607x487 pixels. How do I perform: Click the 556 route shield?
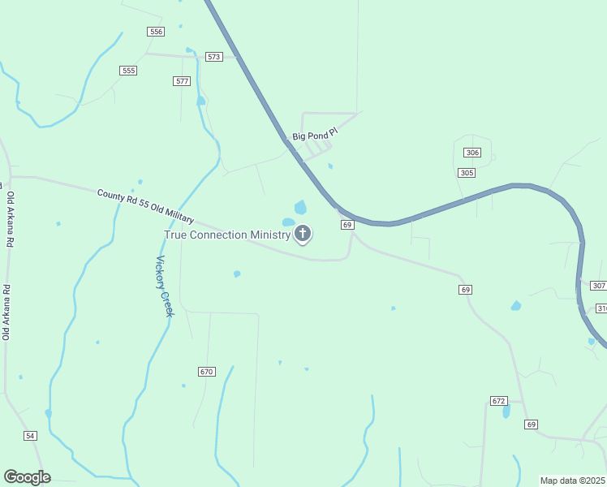tap(156, 32)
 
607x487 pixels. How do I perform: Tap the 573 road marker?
tap(214, 57)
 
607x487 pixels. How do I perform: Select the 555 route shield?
tap(128, 71)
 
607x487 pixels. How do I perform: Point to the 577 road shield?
tap(182, 81)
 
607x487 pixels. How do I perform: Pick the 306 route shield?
tap(472, 153)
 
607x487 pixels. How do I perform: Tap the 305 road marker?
tap(466, 173)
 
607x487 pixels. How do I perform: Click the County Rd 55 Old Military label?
tap(145, 206)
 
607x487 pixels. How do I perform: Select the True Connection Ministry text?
tap(227, 235)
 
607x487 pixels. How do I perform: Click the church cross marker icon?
tap(303, 235)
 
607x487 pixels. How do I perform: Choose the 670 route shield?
tap(206, 371)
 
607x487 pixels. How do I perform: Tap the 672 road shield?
tap(498, 401)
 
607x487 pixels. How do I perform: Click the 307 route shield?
tap(598, 285)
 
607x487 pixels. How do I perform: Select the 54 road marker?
tap(31, 436)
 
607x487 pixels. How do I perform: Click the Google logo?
tap(27, 477)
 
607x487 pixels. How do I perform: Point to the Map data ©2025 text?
tap(573, 481)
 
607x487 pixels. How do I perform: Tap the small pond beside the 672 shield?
tap(506, 412)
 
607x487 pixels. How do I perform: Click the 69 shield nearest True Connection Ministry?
tap(347, 224)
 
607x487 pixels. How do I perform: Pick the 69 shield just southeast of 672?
tap(531, 425)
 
